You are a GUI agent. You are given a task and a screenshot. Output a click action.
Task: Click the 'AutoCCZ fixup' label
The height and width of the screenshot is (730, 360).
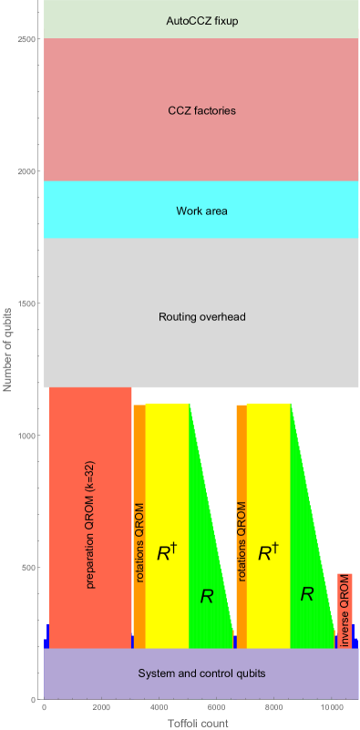[201, 19]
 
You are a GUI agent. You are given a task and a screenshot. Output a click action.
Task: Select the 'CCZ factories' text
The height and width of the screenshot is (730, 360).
[201, 110]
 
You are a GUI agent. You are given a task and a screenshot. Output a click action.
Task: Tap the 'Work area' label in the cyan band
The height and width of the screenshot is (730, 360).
[201, 211]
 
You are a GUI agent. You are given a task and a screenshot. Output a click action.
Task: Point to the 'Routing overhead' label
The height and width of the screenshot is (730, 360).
[201, 317]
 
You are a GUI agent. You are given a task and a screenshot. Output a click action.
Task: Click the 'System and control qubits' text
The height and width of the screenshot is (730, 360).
[201, 673]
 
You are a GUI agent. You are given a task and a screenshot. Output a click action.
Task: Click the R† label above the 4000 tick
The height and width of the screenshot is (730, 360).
[165, 551]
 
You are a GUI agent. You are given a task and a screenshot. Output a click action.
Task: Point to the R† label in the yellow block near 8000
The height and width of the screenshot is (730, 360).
[267, 551]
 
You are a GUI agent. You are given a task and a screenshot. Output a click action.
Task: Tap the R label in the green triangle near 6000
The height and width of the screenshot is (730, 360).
[207, 597]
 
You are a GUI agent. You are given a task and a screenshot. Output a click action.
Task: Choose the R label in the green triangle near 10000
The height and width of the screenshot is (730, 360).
[307, 594]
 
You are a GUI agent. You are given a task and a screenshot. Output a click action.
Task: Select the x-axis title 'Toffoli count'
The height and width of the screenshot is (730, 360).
[199, 723]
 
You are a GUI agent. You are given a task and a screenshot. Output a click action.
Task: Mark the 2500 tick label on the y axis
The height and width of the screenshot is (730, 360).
[26, 39]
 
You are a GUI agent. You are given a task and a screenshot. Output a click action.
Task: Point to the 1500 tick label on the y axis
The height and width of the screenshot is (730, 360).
[26, 303]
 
